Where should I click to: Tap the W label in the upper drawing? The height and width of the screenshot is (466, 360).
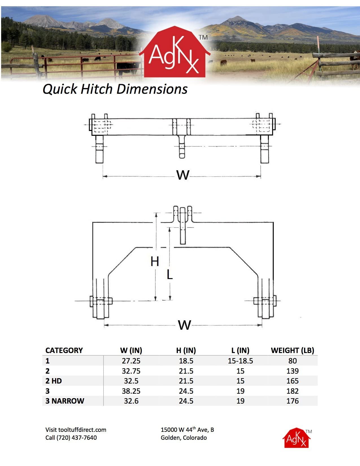tap(183, 175)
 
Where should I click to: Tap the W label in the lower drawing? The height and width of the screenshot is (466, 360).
tap(184, 325)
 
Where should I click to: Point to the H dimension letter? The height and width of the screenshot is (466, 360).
tap(154, 262)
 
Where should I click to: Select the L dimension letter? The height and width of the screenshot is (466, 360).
tap(169, 275)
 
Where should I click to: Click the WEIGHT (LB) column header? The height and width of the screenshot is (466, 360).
tap(292, 350)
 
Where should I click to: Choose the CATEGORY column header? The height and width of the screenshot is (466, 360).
tap(64, 350)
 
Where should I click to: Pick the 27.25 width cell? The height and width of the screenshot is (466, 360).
tap(131, 361)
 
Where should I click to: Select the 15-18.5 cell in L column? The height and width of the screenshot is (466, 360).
tap(240, 361)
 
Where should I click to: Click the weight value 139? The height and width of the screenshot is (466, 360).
tap(292, 371)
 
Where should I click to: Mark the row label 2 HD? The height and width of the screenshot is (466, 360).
tap(54, 381)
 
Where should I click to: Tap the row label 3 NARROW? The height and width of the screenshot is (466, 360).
tap(65, 401)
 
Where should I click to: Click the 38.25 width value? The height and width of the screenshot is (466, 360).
tap(131, 391)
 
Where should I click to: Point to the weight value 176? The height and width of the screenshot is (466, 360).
tap(292, 401)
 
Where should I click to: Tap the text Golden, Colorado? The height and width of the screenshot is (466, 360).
tap(184, 438)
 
